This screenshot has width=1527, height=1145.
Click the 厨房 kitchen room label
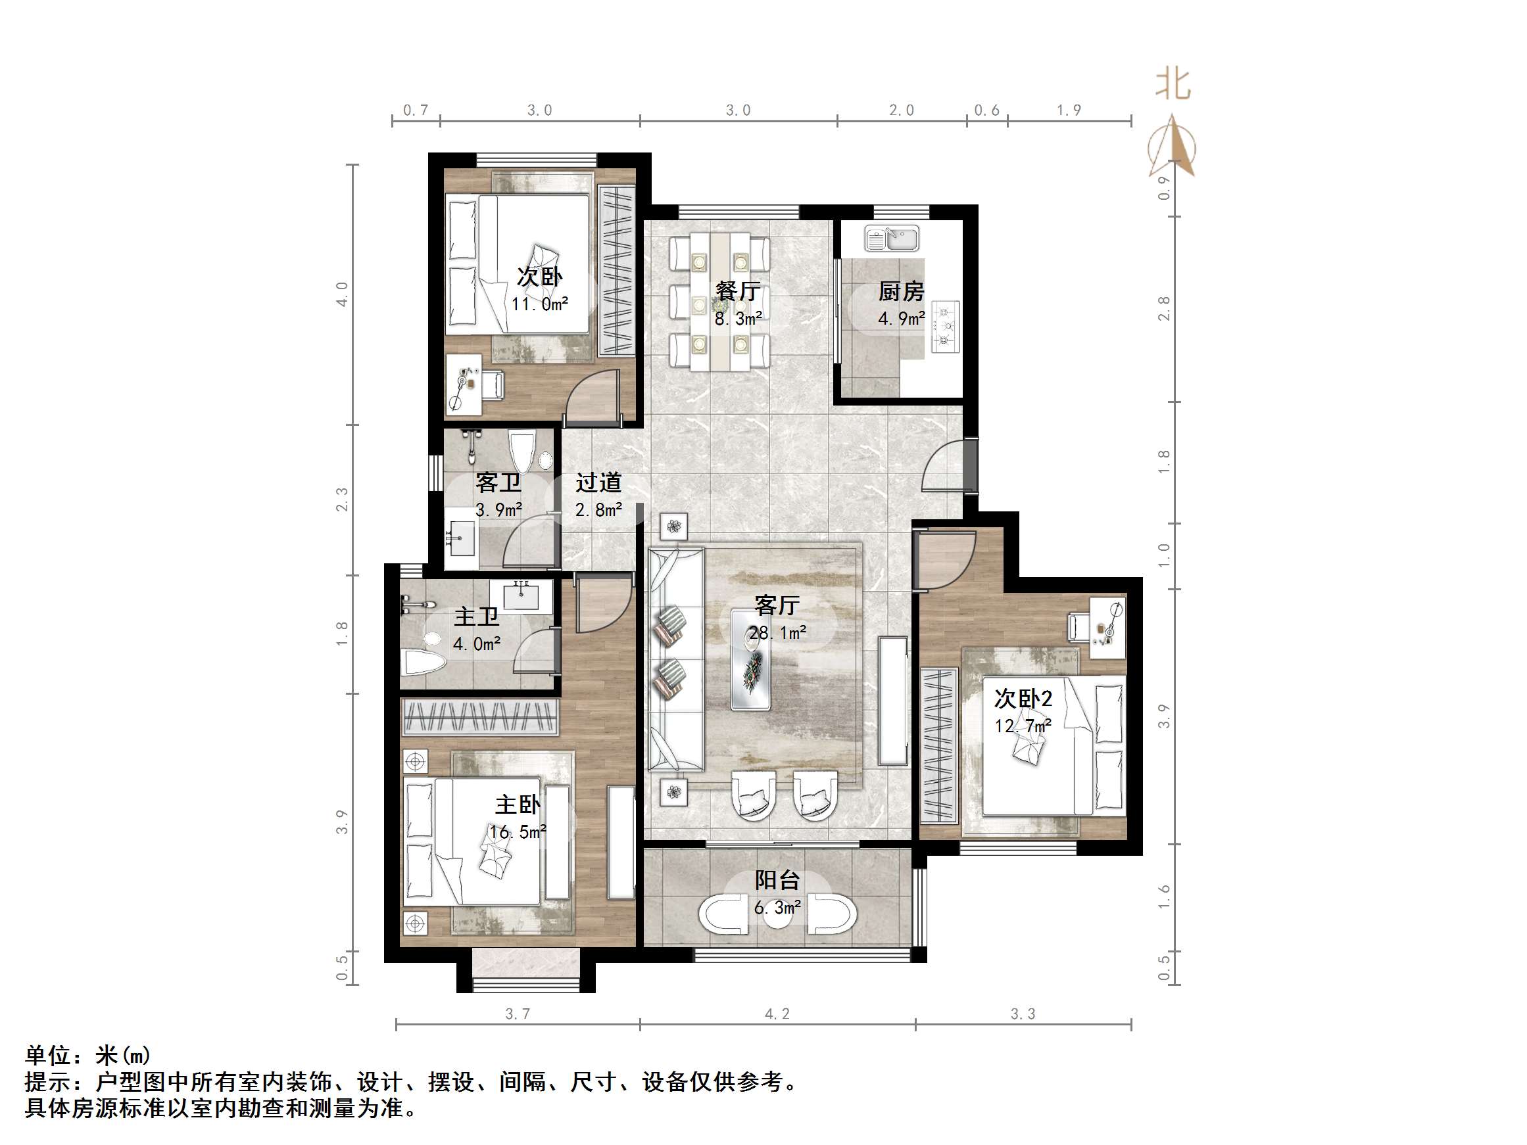tap(901, 292)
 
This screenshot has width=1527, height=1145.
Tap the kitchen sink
tap(892, 239)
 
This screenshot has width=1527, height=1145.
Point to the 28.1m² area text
tap(777, 633)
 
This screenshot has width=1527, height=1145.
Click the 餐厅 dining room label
tap(738, 291)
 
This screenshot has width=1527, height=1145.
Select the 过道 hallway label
tap(598, 482)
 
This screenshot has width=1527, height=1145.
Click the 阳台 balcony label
tap(777, 880)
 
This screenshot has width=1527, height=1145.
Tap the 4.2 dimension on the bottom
tap(777, 1014)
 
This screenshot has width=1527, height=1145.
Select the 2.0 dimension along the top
tap(902, 110)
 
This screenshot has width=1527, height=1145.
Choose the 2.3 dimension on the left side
tap(342, 500)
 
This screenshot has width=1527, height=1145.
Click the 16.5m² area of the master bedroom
tap(518, 831)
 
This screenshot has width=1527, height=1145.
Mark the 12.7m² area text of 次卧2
tap(1023, 726)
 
